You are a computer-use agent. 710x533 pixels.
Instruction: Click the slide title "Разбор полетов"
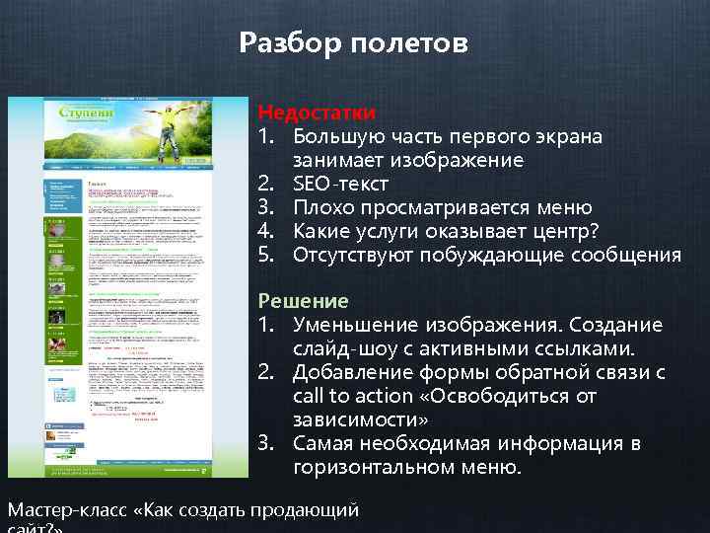(353, 44)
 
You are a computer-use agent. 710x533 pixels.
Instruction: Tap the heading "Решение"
(303, 301)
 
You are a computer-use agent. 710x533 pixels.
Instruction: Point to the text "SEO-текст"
(340, 184)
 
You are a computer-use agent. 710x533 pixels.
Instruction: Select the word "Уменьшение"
(354, 325)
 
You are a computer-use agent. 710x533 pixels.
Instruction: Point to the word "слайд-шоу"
(341, 348)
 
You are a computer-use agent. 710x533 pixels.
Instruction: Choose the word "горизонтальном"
(380, 467)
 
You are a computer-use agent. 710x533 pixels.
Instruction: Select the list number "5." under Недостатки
(267, 255)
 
